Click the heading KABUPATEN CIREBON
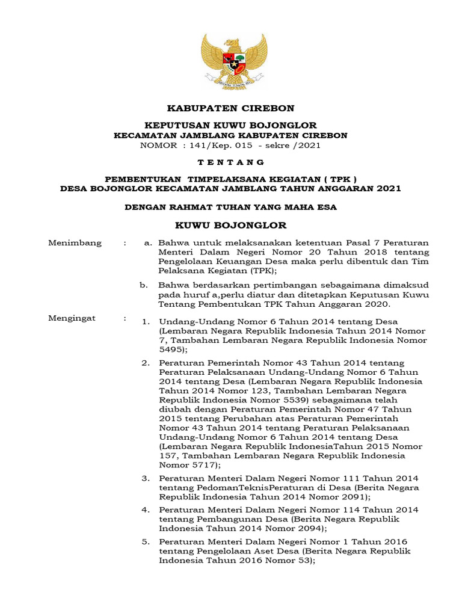pos(231,108)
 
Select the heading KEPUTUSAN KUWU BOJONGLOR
pos(231,125)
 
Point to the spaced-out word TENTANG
pos(231,162)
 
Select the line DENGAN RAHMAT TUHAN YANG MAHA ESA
pos(231,207)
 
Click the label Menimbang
pos(75,243)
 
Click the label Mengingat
pos(72,318)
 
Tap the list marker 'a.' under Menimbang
pos(147,243)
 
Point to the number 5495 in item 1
pos(172,349)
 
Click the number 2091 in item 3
pos(353,497)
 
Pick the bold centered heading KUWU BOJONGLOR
pos(231,226)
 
